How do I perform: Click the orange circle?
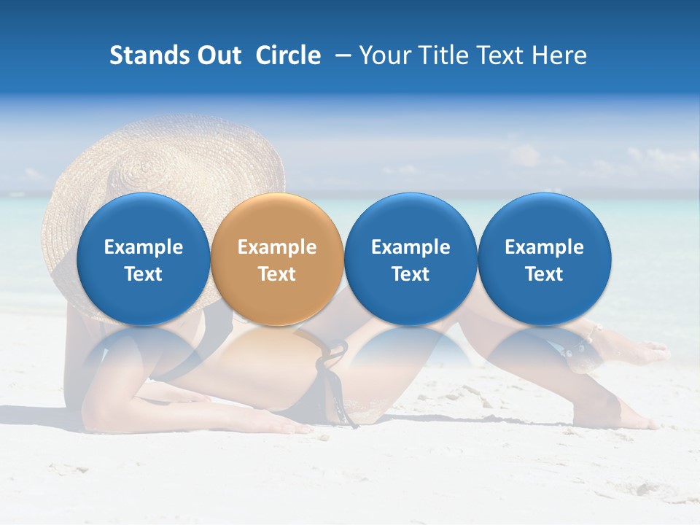276,259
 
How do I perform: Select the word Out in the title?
218,55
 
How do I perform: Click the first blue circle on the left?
143,259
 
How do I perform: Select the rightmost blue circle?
544,259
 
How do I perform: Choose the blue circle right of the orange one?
411,259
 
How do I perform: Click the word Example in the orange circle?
277,247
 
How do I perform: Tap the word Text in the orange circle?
277,274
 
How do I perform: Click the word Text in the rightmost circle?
544,274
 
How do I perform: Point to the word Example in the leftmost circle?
143,247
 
